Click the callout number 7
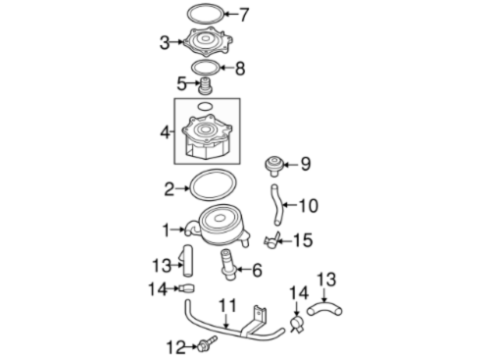point(244,15)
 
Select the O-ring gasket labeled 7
point(206,5)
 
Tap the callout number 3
point(165,43)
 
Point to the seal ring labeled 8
point(206,61)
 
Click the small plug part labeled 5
point(205,85)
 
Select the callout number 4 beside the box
point(165,132)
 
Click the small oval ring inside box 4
point(206,104)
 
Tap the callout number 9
point(306,164)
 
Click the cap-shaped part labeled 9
point(274,166)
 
